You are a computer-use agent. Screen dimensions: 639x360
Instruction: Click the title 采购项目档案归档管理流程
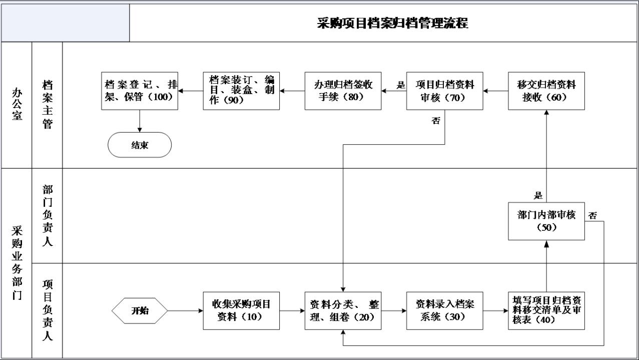point(392,23)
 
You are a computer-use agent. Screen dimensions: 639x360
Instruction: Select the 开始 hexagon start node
point(140,310)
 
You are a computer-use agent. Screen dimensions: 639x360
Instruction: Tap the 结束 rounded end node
point(140,145)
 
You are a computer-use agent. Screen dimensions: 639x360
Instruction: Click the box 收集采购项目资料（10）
point(241,310)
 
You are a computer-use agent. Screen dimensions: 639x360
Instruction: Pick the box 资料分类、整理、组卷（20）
point(343,310)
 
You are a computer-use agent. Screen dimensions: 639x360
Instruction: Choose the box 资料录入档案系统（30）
point(445,310)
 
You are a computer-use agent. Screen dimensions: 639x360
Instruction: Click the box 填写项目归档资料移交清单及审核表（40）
point(546,310)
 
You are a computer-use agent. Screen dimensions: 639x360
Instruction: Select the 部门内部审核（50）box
point(546,221)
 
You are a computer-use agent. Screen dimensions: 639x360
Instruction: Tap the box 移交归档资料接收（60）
point(546,91)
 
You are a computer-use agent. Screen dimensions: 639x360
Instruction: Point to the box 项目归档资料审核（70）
point(445,91)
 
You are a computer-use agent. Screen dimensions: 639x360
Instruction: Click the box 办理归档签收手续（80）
point(343,91)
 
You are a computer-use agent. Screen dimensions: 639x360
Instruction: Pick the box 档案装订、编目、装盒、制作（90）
point(241,91)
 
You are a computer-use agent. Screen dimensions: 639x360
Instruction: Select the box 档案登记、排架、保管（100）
point(140,91)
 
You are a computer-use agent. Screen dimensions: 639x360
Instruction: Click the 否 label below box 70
point(436,121)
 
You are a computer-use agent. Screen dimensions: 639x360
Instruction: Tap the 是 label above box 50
point(538,196)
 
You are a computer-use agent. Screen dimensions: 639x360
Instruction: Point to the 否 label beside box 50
point(592,215)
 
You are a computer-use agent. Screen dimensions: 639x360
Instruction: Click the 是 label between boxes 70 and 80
point(401,85)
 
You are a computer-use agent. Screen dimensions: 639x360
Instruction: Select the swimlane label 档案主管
point(48,105)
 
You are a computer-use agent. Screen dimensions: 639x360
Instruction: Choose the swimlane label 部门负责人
point(48,215)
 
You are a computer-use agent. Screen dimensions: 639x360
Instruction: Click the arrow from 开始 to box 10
point(186,310)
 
